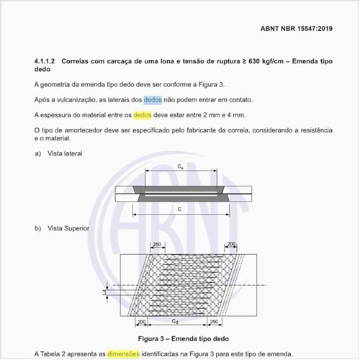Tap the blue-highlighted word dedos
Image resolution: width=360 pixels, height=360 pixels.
[152, 99]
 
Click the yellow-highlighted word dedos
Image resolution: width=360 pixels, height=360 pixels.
[143, 114]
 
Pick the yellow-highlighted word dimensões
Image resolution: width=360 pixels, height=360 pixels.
[123, 354]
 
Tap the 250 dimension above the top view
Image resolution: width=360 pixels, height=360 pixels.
[156, 245]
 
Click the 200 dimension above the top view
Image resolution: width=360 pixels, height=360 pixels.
[231, 245]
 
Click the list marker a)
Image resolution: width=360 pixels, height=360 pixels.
[37, 153]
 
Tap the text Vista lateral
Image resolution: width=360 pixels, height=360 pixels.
[65, 153]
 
